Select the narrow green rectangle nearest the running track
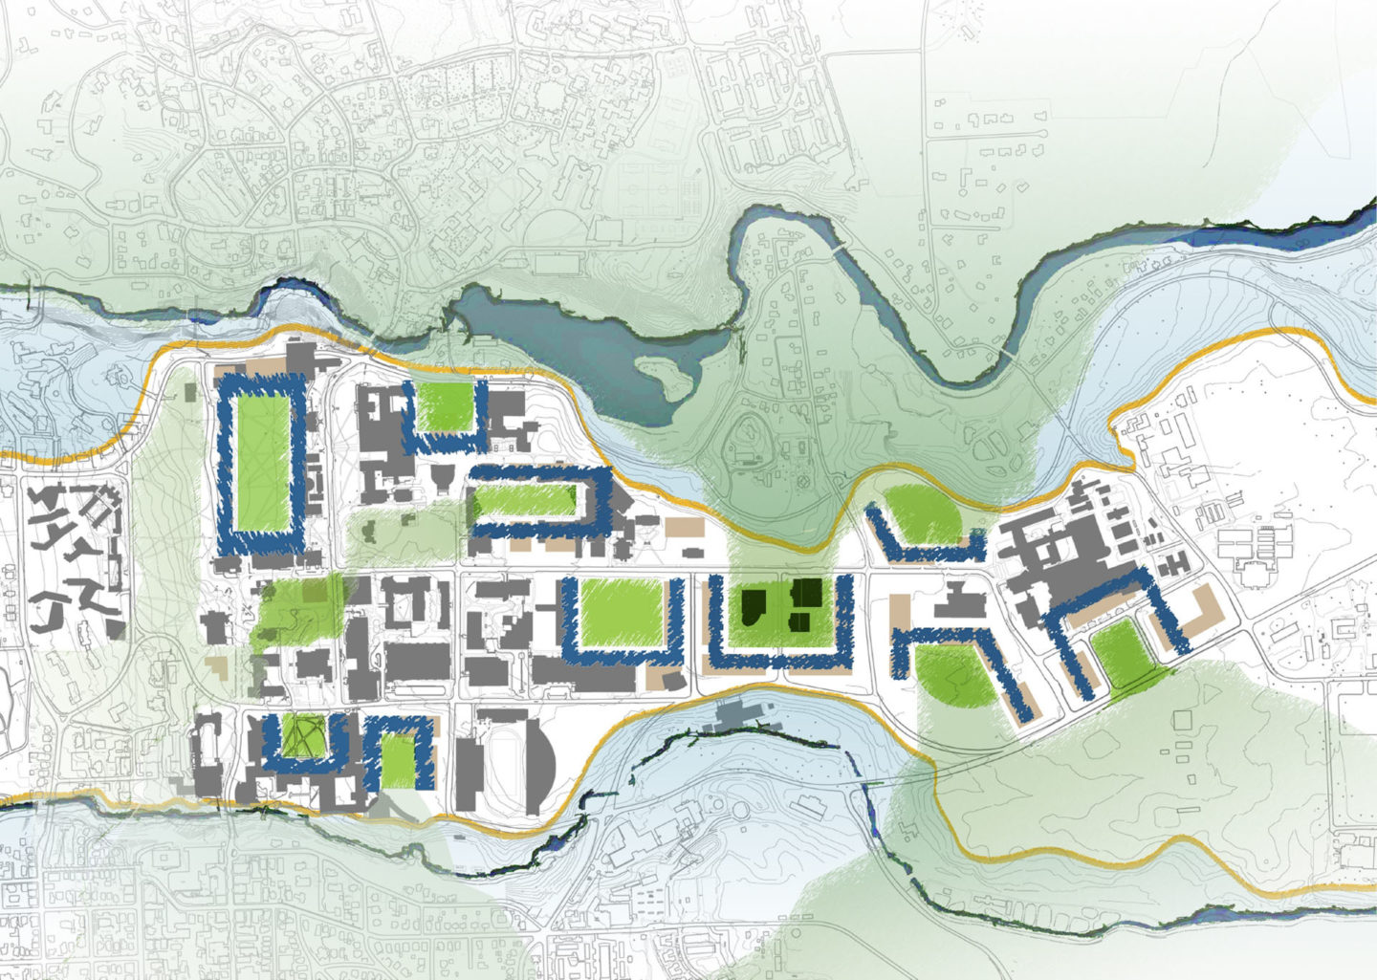[402, 760]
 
